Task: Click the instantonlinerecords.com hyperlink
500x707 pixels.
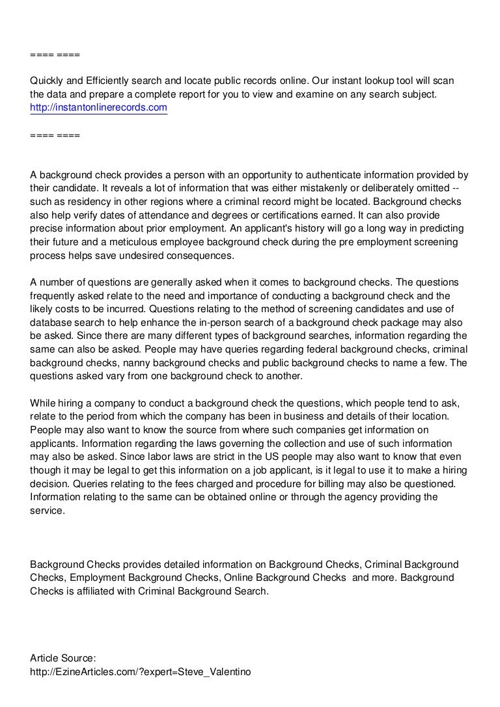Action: (x=98, y=107)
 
